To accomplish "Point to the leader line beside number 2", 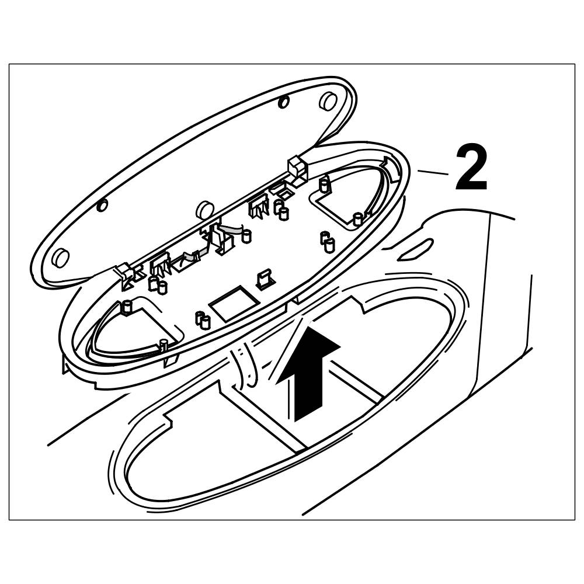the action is tap(432, 172).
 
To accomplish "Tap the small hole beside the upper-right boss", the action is tap(284, 102).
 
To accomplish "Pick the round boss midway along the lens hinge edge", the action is tap(204, 208).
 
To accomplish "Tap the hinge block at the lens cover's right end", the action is tap(297, 168).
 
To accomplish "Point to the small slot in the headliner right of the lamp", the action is tap(415, 250).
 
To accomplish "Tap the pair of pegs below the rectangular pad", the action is tap(202, 320).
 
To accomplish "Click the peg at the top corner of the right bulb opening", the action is tap(323, 185).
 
